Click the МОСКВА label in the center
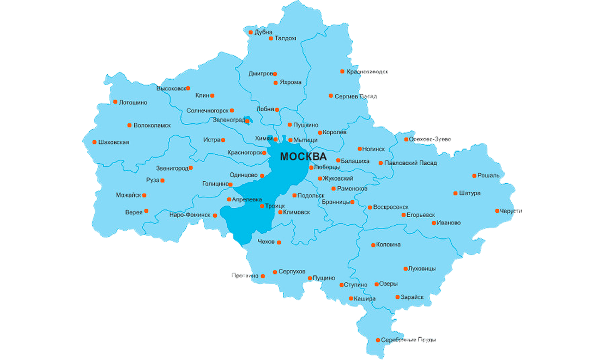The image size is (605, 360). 303,157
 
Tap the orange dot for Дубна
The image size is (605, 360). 251,33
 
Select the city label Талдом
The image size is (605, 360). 286,38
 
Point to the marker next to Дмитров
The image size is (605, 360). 275,74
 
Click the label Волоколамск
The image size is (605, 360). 152,125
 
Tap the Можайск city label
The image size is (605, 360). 128,195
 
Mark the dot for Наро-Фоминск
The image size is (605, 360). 215,215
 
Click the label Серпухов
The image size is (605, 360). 292,272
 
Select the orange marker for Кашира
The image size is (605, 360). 350,298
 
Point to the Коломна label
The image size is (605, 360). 388,245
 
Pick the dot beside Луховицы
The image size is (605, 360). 406,268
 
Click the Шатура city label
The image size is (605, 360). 470,193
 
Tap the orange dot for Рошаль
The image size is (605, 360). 474,176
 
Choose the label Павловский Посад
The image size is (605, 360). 410,163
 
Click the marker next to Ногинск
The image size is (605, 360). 359,148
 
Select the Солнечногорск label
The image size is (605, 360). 207,111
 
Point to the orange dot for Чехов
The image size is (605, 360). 279,242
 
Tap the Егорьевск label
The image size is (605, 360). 422,215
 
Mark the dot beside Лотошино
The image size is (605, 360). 115,102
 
